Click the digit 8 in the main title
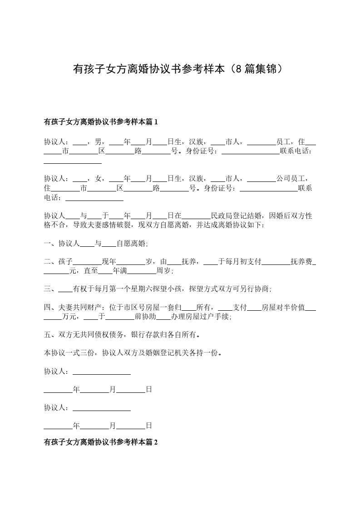pyautogui.click(x=241, y=69)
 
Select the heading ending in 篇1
pyautogui.click(x=100, y=122)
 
